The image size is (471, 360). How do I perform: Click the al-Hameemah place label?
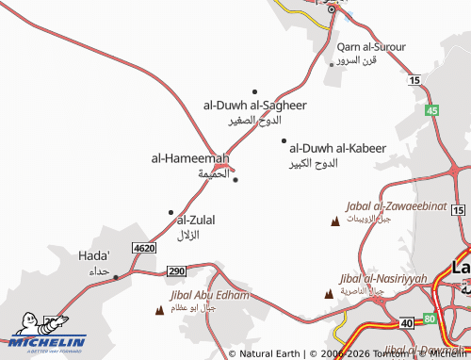[x=189, y=158]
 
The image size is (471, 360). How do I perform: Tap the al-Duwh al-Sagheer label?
[x=254, y=105]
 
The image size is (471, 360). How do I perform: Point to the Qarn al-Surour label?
[x=371, y=46]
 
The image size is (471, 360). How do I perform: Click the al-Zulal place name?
[x=196, y=220]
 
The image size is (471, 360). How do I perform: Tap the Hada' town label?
[x=94, y=255]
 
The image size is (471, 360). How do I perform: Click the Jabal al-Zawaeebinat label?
[x=381, y=205]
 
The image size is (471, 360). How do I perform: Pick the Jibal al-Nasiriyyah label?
[x=382, y=279]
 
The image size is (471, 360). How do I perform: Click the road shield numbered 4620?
[x=143, y=247]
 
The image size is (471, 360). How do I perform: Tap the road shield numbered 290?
[x=176, y=271]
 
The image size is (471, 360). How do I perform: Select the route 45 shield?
[x=431, y=111]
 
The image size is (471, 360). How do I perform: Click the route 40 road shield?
[x=406, y=323]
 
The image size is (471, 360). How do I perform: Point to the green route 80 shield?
[x=430, y=319]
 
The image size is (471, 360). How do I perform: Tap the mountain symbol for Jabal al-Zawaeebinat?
[x=334, y=221]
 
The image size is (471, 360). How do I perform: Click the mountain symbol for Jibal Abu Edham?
[x=158, y=308]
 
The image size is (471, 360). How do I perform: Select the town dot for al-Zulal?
[x=171, y=212]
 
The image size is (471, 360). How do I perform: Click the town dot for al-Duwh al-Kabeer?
[x=284, y=141]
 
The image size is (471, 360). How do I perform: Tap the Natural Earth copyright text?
[x=268, y=353]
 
